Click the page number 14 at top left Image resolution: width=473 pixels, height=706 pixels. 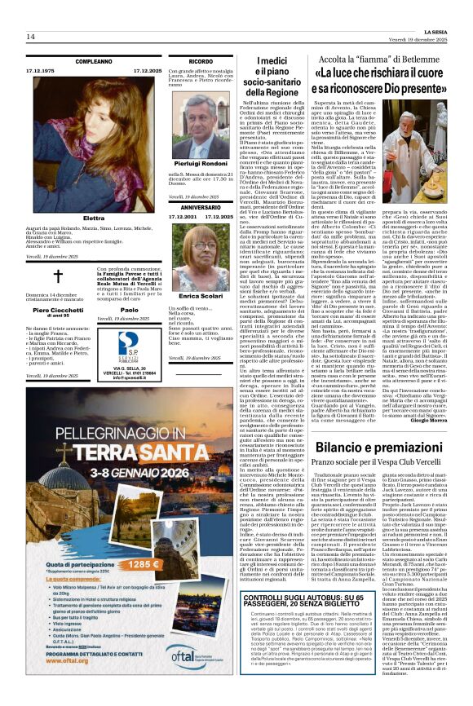[x=32, y=37]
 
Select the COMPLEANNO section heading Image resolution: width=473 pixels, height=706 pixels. [x=94, y=61]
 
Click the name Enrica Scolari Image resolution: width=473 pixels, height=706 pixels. [x=201, y=295]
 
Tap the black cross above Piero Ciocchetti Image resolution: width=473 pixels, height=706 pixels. [x=58, y=276]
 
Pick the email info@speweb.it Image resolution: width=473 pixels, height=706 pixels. [x=130, y=377]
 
